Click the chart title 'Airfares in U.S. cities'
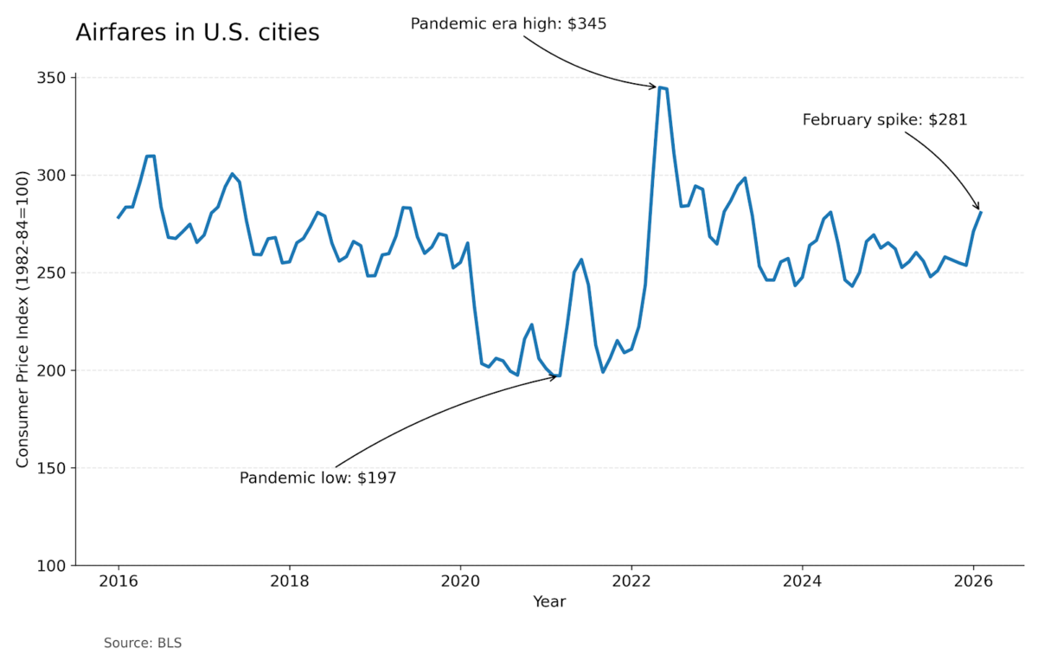pyautogui.click(x=197, y=33)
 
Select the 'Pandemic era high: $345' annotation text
pyautogui.click(x=509, y=23)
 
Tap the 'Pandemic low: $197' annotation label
pyautogui.click(x=317, y=478)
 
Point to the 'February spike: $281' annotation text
pyautogui.click(x=885, y=120)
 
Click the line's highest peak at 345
pyautogui.click(x=660, y=87)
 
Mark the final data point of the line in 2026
pyautogui.click(x=981, y=212)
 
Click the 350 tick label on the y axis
pyautogui.click(x=54, y=78)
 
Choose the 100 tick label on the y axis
pyautogui.click(x=54, y=566)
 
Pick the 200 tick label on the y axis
pyautogui.click(x=54, y=370)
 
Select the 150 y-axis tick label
pyautogui.click(x=54, y=468)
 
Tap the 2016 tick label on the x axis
pyautogui.click(x=119, y=581)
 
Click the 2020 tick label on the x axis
pyautogui.click(x=460, y=581)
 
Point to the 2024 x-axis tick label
pyautogui.click(x=803, y=581)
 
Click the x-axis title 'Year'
pyautogui.click(x=549, y=601)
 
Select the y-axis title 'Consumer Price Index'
pyautogui.click(x=23, y=320)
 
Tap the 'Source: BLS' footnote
pyautogui.click(x=143, y=643)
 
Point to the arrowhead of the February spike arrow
pyautogui.click(x=978, y=208)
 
